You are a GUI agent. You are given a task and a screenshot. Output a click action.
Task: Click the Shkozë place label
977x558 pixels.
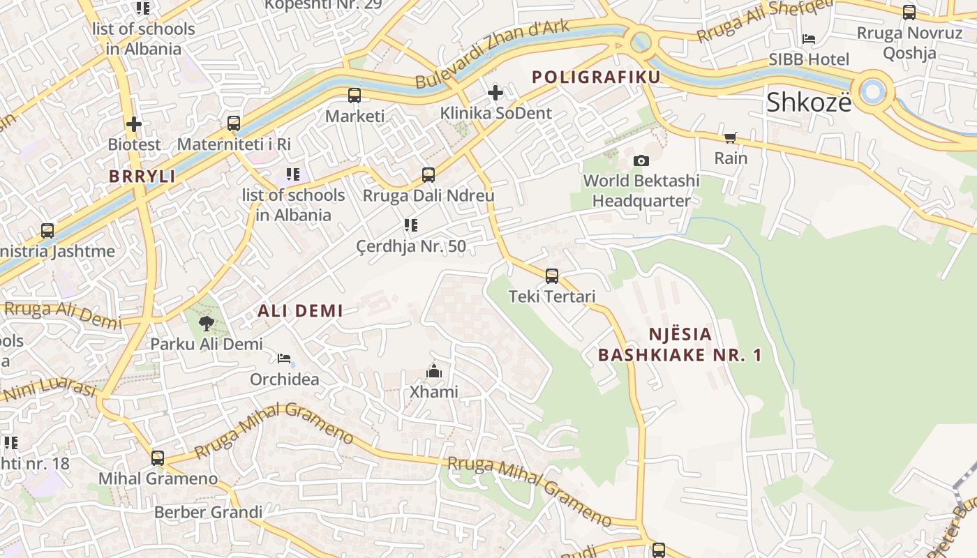pos(809,102)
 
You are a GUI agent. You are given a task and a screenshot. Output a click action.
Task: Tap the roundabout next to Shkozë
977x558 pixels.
pos(872,91)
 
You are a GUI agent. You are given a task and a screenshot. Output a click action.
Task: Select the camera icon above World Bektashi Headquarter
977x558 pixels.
pos(641,161)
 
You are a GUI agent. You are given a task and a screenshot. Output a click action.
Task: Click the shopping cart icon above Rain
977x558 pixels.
pos(731,138)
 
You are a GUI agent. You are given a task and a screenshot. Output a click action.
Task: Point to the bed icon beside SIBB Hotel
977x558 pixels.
pos(809,39)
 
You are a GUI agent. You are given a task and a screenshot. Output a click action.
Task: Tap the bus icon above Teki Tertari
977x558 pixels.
pos(552,276)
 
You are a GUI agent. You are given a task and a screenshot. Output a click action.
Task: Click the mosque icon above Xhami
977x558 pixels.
pos(434,372)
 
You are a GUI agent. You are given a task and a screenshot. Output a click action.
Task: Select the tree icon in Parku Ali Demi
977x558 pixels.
pos(207,324)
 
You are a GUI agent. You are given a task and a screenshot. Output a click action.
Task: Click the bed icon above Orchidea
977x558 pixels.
pos(284,359)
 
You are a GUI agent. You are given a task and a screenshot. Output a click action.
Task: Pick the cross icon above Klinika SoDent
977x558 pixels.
pos(495,93)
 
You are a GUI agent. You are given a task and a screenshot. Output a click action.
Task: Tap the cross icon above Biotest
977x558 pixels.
pos(134,125)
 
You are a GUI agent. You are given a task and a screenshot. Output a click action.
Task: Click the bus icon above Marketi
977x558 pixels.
pos(355,96)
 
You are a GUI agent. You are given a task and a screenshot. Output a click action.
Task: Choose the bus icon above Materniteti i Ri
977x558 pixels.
pos(234,123)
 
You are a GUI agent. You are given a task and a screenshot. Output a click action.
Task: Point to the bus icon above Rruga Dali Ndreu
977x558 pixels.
pos(428,175)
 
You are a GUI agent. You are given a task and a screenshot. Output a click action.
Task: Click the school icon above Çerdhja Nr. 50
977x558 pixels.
pos(411,225)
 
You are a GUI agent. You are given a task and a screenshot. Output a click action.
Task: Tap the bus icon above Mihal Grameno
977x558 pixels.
pos(158,458)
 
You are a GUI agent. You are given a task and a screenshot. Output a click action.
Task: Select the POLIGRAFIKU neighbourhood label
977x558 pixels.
pos(596,77)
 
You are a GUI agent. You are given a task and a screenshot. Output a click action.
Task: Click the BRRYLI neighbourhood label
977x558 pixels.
pos(142,176)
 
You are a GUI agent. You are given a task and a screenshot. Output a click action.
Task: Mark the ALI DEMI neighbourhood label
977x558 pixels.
pos(301,311)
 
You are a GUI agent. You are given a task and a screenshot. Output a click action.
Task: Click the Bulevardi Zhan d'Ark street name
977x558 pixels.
pos(492,55)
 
